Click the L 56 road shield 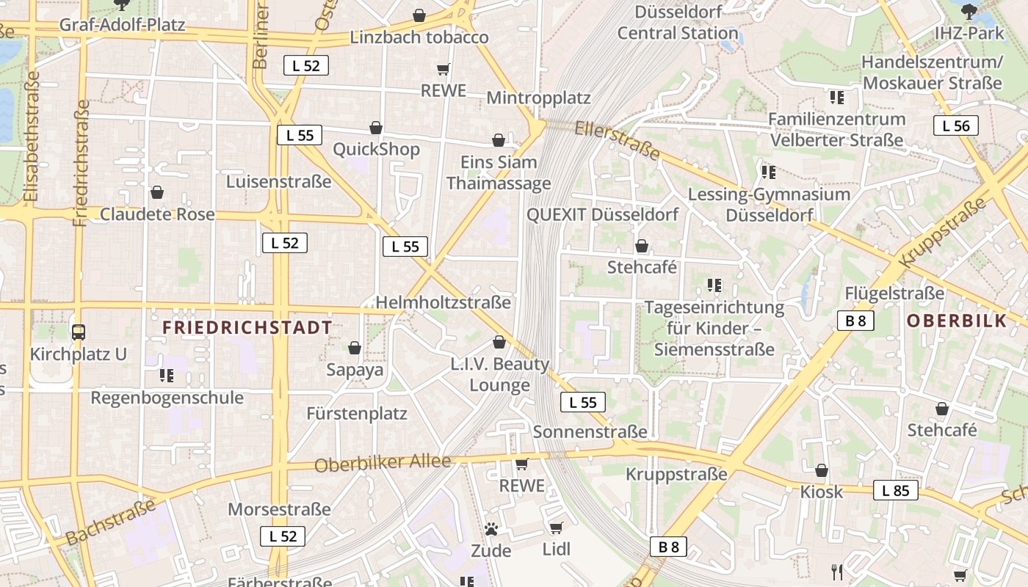(x=956, y=125)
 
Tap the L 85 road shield (x=895, y=490)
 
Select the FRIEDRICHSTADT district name (x=247, y=327)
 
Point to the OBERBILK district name (x=957, y=321)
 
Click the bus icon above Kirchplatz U (x=79, y=332)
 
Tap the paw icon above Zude (x=491, y=529)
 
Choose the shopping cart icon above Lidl (x=556, y=528)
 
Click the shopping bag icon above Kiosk (x=822, y=470)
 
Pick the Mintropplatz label (x=538, y=98)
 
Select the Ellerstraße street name (x=618, y=140)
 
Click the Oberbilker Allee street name (x=382, y=463)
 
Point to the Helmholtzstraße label (x=443, y=302)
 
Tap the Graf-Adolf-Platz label (x=122, y=25)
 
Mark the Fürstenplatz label (x=357, y=413)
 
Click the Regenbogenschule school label (x=167, y=398)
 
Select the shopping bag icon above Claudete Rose (x=157, y=193)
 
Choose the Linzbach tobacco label (x=419, y=37)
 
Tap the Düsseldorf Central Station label (x=677, y=22)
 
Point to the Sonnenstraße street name (x=590, y=431)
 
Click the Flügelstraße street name (x=894, y=293)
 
